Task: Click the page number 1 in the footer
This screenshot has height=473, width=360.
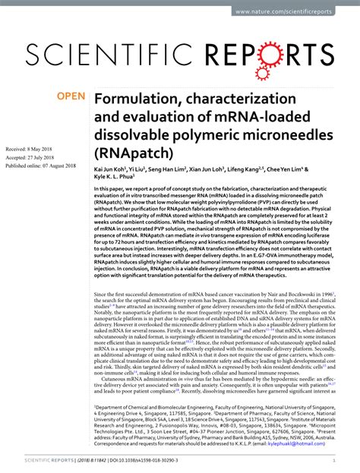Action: pos(334,460)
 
